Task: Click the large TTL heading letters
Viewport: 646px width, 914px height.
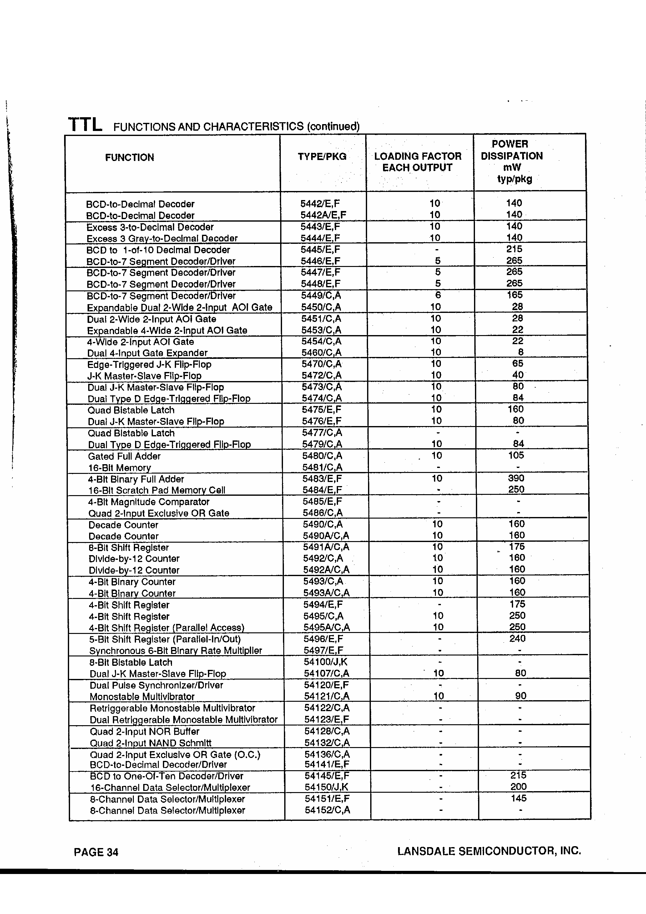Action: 85,125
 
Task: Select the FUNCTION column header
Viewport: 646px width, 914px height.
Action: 129,158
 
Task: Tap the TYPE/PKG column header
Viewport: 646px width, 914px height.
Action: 322,156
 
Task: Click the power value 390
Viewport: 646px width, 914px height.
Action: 516,478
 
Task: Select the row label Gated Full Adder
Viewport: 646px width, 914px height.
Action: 124,456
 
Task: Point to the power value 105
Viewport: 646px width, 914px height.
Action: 516,455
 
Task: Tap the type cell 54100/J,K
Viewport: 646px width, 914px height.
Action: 326,662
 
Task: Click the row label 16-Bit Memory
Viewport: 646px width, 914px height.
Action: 119,468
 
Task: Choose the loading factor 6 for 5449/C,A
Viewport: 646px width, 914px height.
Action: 438,295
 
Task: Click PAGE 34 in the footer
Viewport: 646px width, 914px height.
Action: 96,852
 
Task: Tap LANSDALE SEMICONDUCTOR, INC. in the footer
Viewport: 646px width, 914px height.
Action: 489,851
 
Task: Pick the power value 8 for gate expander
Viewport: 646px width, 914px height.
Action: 521,352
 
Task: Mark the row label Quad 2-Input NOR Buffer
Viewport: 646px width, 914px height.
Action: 144,731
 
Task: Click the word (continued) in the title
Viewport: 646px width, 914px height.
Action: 333,127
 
